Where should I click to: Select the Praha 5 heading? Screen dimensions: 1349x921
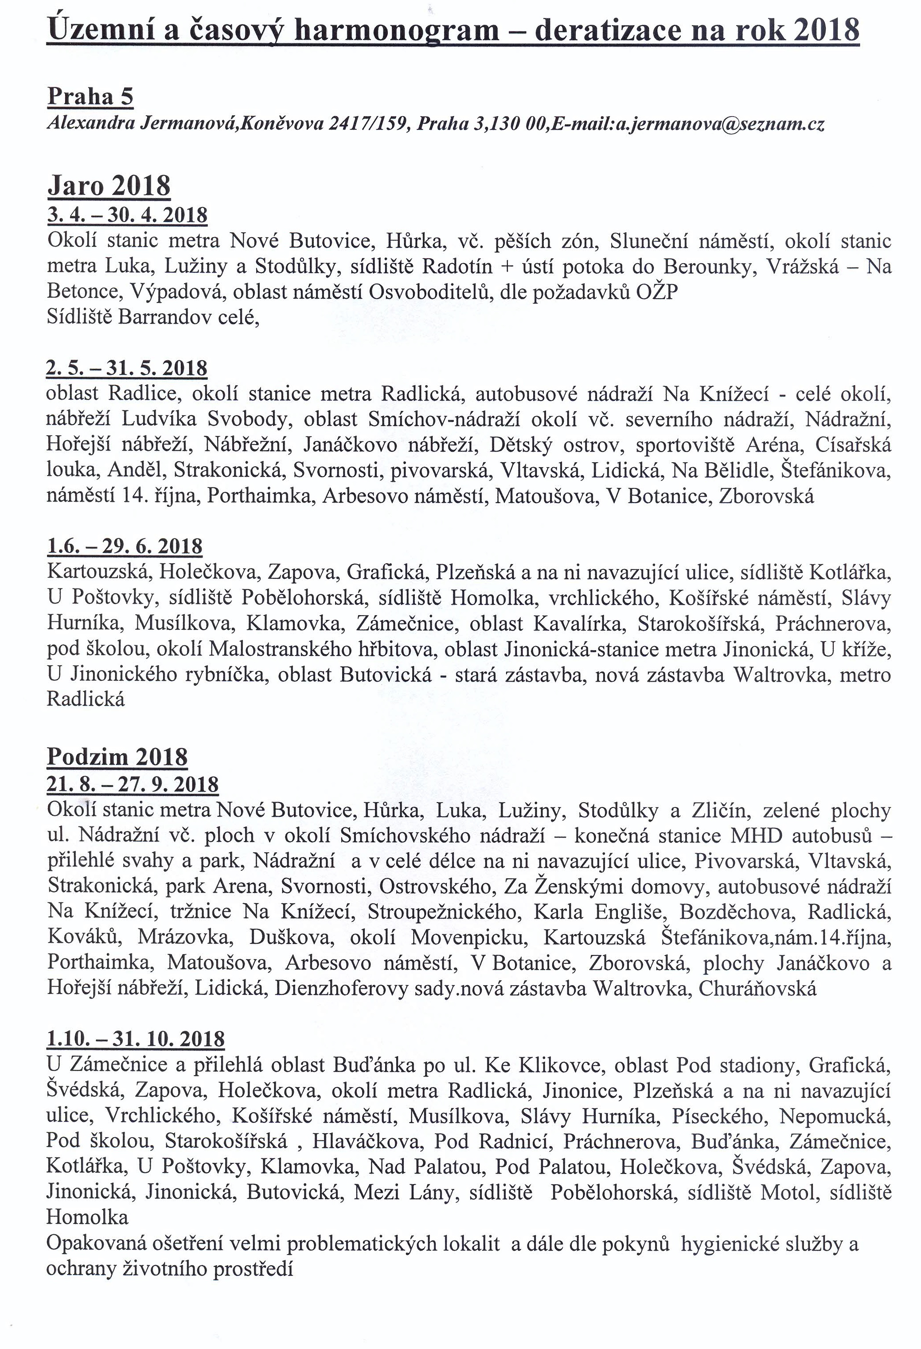point(90,96)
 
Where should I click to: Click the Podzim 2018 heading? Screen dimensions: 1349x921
point(117,756)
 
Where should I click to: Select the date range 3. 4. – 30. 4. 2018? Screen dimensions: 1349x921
point(127,215)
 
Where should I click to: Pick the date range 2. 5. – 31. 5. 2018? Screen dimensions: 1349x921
point(127,368)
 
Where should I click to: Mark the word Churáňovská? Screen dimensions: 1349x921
point(757,989)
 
